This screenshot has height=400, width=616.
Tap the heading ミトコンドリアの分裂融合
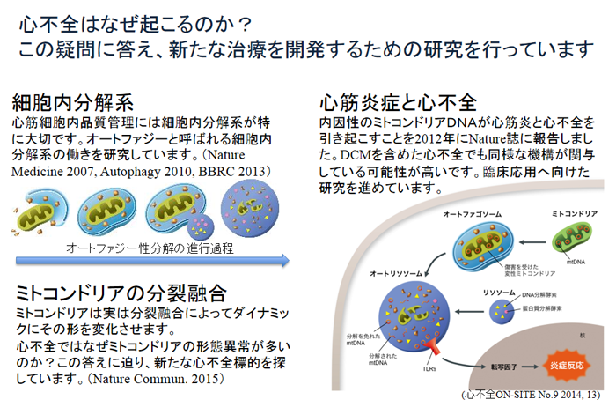(121, 293)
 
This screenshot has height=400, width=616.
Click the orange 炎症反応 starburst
(566, 360)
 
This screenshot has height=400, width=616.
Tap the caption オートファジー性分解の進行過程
(150, 248)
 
